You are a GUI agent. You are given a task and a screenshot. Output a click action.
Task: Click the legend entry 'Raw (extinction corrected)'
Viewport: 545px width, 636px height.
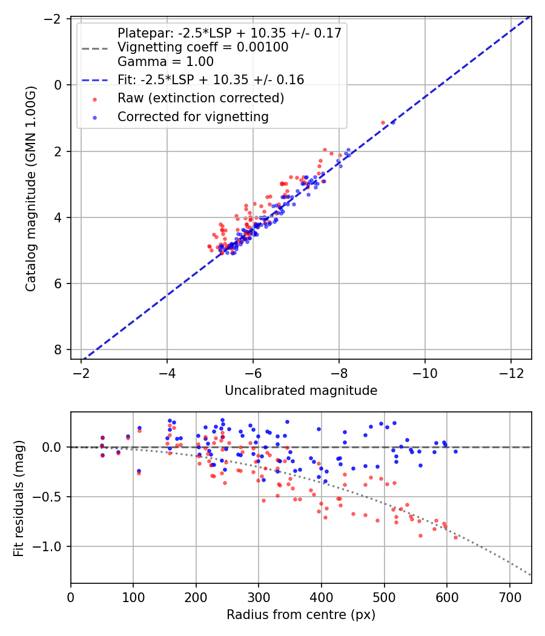[x=200, y=98]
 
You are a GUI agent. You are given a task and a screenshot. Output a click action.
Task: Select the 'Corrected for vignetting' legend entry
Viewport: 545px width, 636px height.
[x=193, y=116]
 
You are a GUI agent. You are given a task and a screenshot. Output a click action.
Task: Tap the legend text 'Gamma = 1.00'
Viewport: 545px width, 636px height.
[x=165, y=62]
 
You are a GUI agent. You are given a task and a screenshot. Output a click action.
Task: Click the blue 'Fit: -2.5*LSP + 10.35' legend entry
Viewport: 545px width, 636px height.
[x=210, y=80]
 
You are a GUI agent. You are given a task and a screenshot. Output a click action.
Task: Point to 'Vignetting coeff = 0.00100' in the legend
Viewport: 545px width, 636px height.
[x=203, y=47]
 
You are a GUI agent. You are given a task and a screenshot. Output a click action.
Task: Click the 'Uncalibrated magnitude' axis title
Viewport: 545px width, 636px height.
[x=301, y=391]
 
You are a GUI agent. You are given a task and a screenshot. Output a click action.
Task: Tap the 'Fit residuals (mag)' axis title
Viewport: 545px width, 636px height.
[x=19, y=497]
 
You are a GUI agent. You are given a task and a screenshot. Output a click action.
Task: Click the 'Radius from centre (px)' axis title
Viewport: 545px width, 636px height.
[x=301, y=615]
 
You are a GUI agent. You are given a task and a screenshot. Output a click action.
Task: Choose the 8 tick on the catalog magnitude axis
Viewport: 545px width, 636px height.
[x=59, y=349]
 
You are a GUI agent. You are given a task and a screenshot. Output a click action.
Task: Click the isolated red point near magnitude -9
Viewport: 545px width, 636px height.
[x=383, y=122]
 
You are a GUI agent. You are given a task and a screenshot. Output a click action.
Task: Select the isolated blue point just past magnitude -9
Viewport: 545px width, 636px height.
[x=393, y=122]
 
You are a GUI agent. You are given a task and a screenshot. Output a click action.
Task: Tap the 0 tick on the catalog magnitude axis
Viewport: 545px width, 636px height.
[x=59, y=85]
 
